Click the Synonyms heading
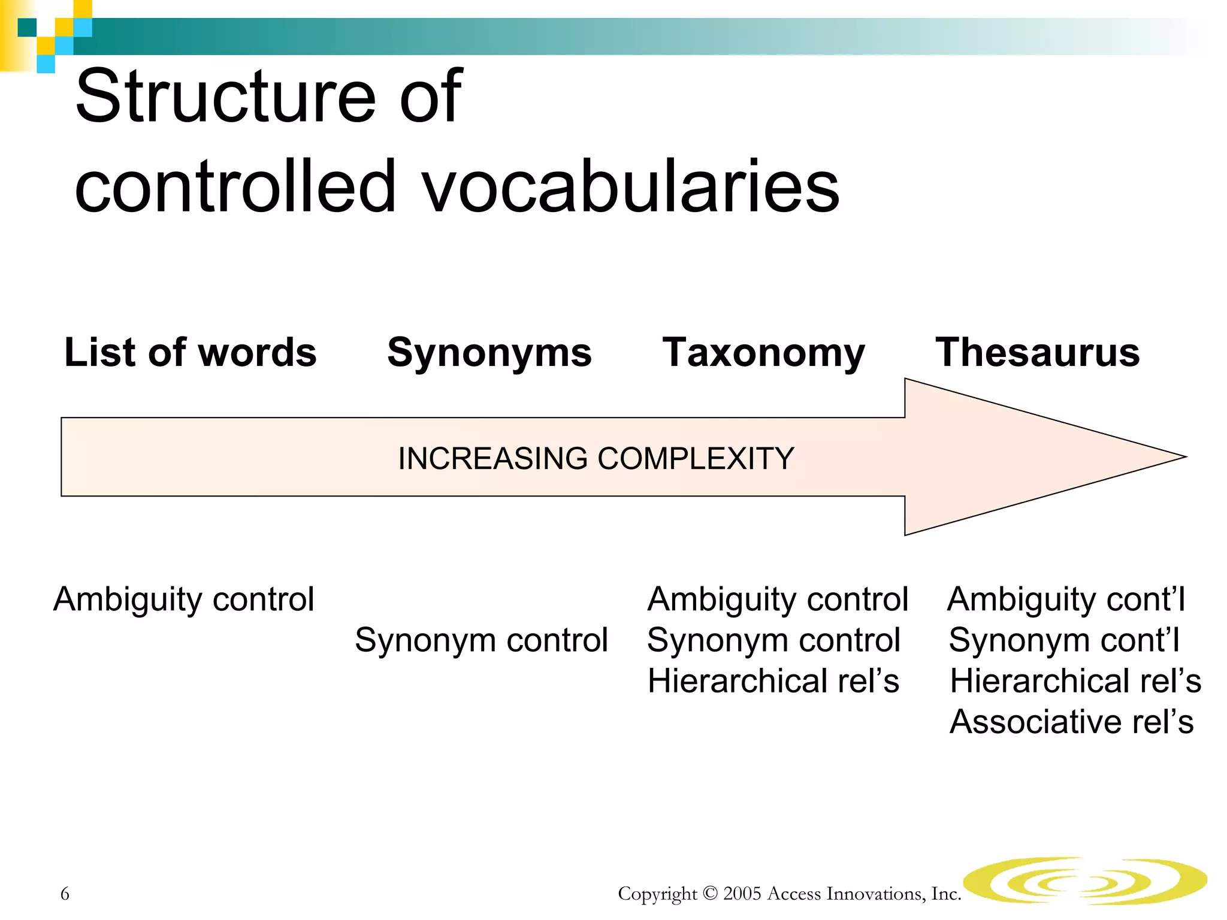coord(489,353)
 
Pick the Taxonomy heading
coord(763,353)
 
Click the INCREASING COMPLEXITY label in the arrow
coord(596,459)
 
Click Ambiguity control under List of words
coord(183,600)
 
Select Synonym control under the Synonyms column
coord(481,640)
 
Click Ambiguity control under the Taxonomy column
coord(778,600)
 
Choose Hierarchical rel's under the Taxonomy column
coord(773,681)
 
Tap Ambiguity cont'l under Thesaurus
coord(1066,600)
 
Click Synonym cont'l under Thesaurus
coord(1064,640)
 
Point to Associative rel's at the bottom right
coord(1071,722)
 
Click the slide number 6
coord(65,894)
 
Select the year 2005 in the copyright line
coord(742,894)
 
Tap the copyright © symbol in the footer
coord(710,894)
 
